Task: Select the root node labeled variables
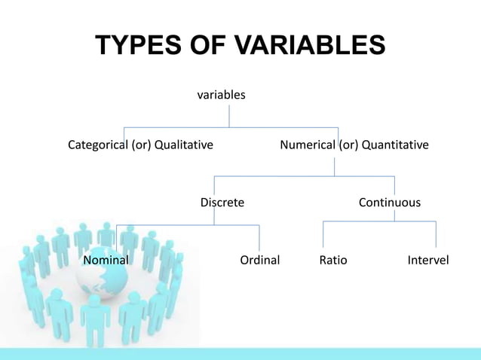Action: [221, 96]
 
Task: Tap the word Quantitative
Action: [395, 144]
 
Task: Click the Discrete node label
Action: [222, 203]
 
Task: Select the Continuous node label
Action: [390, 203]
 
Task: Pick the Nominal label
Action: [106, 261]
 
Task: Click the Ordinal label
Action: [259, 261]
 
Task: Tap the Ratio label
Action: [333, 261]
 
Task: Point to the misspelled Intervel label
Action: [427, 261]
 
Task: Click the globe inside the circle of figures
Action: [103, 278]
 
